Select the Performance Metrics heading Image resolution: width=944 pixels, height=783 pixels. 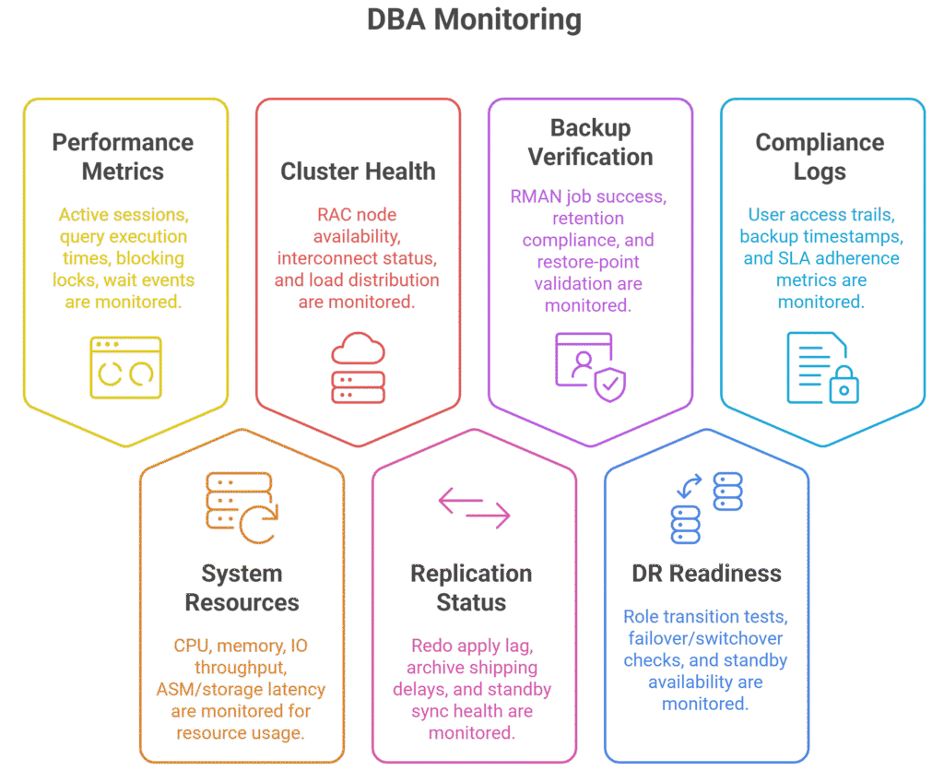tap(123, 157)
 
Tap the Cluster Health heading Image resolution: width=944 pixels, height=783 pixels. tap(358, 171)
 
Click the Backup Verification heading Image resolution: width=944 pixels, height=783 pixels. tap(590, 142)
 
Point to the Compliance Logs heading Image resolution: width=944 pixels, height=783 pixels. tap(820, 157)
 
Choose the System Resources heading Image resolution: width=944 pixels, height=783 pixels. tap(242, 587)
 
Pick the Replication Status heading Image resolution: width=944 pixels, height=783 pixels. tap(471, 587)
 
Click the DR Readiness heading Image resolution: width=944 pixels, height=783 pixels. tap(706, 573)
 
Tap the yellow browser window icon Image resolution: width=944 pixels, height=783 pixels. tap(125, 367)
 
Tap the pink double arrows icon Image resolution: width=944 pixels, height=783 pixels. tap(474, 508)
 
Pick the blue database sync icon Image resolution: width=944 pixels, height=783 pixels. tap(706, 506)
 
